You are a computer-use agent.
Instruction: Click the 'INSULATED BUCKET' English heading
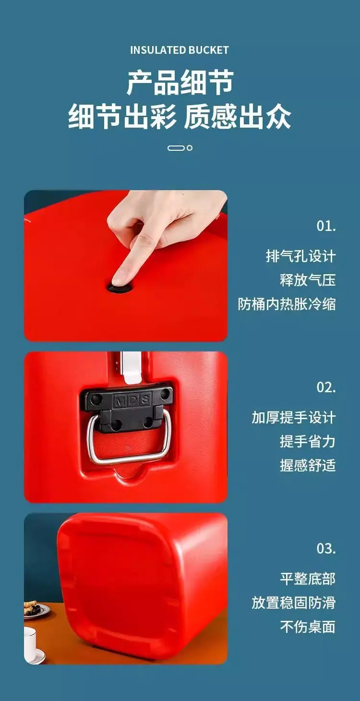180,50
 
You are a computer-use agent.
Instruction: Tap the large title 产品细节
180,83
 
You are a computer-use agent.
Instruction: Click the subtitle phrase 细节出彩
121,117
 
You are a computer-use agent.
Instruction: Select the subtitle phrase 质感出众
237,117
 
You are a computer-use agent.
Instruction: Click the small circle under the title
189,148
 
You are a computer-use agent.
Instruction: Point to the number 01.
326,226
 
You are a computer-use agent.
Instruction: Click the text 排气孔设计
301,256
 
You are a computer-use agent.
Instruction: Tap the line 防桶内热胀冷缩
287,304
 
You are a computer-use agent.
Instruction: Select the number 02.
326,387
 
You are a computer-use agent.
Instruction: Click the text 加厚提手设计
294,417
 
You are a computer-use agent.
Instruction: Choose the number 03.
326,548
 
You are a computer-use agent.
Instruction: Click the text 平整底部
308,579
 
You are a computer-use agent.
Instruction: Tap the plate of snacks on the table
36,610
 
